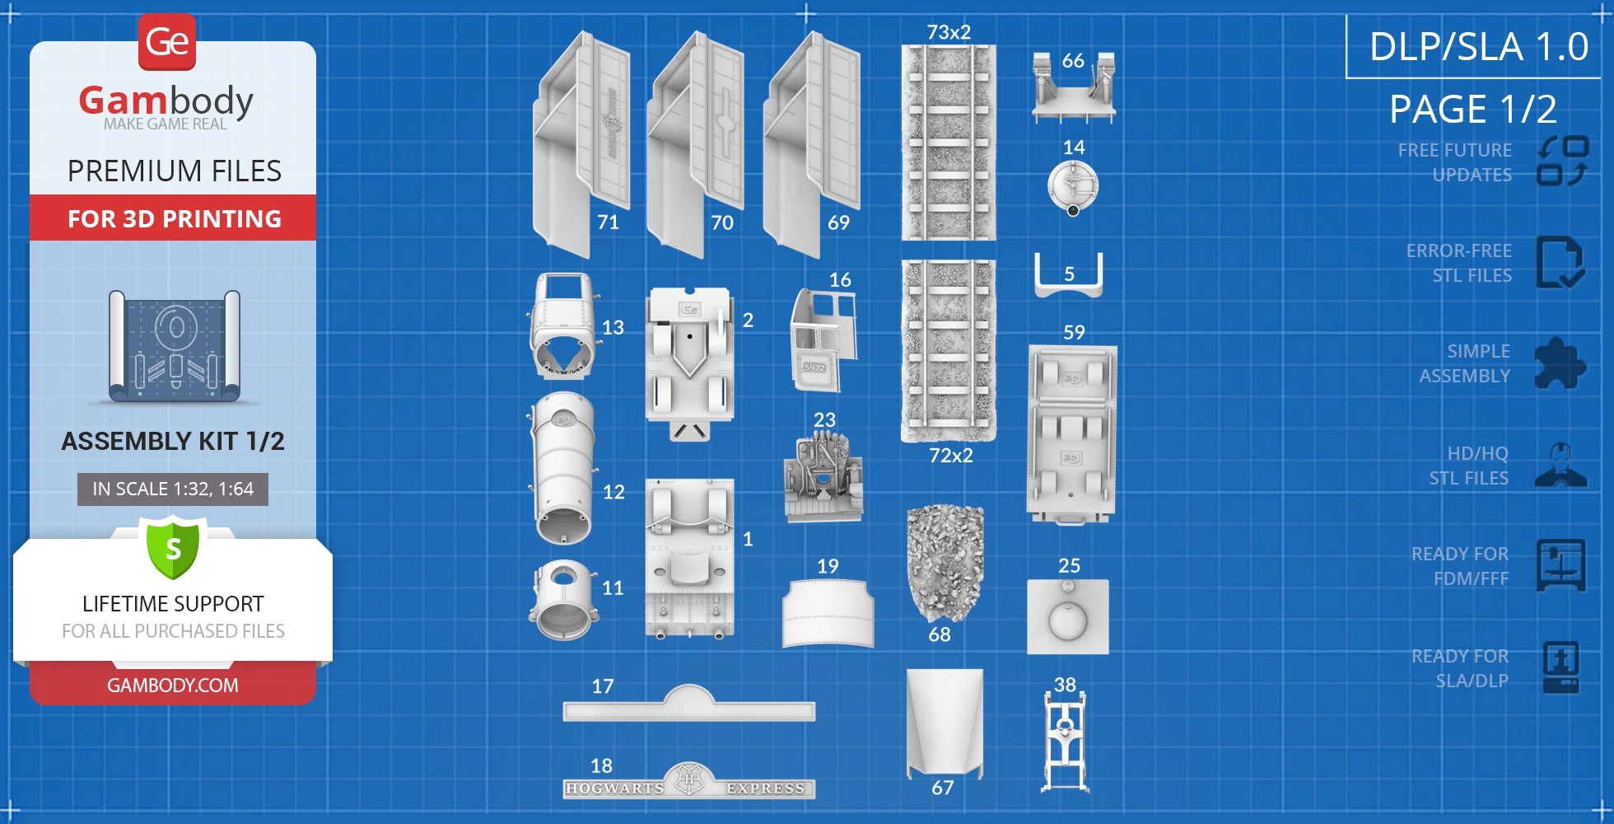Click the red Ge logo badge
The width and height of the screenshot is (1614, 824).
point(167,41)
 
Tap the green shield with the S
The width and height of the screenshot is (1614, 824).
point(173,548)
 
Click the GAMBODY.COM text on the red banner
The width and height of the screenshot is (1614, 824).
point(173,686)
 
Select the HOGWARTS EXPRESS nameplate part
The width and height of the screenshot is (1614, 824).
point(689,783)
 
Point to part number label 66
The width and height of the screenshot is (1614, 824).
point(1073,61)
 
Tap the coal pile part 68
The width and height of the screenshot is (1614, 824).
point(945,563)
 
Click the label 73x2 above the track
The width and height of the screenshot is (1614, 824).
point(949,32)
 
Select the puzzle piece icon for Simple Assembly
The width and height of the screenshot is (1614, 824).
point(1560,363)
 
